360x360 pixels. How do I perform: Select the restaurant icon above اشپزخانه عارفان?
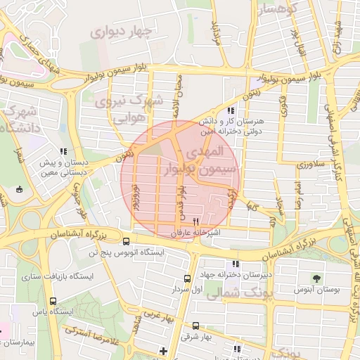186,221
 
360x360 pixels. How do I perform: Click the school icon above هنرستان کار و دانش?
231,111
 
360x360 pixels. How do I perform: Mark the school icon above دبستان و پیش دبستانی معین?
64,151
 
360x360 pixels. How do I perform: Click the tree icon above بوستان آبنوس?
316,278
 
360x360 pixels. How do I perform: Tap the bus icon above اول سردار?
187,278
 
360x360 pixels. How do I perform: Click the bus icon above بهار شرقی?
195,326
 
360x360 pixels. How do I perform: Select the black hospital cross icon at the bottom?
164,350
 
